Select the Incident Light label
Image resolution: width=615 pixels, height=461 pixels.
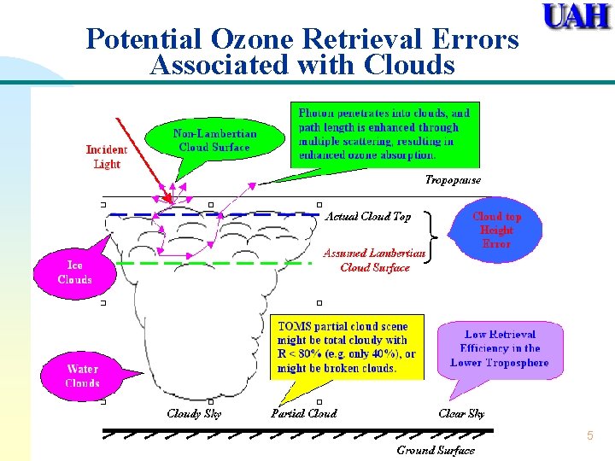coord(107,156)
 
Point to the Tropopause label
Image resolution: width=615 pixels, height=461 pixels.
coord(453,180)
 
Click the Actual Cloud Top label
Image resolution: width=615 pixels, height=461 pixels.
coord(367,217)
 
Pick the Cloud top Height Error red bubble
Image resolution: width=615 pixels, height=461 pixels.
coord(496,230)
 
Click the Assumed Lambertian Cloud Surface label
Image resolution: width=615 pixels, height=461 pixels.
coord(374,260)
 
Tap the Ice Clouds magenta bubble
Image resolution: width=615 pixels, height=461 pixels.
coord(74,272)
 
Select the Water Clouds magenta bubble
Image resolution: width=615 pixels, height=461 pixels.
coord(82,376)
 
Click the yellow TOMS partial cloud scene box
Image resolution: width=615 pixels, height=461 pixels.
coord(349,347)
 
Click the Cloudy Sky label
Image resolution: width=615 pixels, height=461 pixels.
coord(195,413)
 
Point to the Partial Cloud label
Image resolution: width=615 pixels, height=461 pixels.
coord(304,413)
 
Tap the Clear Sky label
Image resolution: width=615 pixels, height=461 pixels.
coord(461,413)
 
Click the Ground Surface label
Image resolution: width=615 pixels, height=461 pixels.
coord(436,450)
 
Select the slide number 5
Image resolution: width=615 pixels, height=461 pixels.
coord(589,436)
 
